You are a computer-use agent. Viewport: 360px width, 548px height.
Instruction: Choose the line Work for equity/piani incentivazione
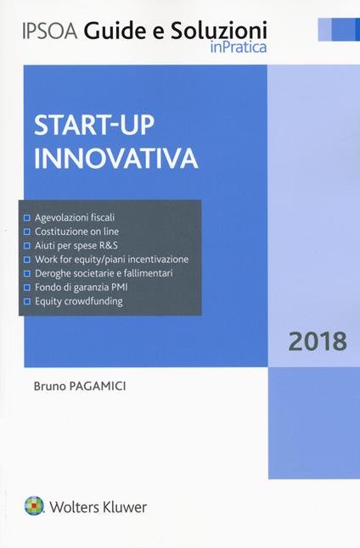[111, 259]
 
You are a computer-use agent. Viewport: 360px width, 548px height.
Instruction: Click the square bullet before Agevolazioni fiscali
[28, 217]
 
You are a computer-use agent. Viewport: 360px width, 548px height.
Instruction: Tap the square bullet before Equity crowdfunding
[28, 301]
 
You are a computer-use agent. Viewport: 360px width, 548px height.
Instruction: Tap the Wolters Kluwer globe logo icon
[36, 506]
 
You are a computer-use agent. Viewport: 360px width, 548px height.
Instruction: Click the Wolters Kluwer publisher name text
[100, 507]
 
